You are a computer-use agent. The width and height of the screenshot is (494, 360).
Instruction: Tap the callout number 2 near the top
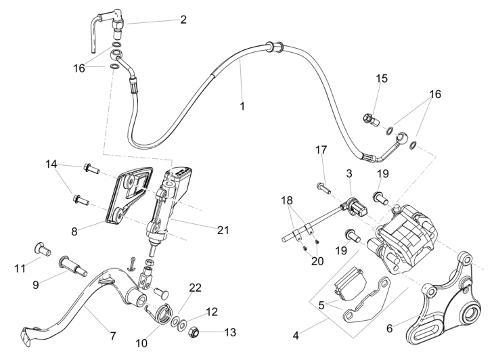[x=183, y=20]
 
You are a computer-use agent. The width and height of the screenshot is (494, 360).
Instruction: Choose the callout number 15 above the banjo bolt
[x=382, y=78]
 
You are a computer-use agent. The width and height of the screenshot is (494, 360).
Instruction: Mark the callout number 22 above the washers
[x=195, y=288]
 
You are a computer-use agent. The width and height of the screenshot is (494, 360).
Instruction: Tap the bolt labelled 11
[x=44, y=250]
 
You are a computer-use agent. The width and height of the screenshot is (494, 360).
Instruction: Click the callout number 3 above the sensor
[x=349, y=174]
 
